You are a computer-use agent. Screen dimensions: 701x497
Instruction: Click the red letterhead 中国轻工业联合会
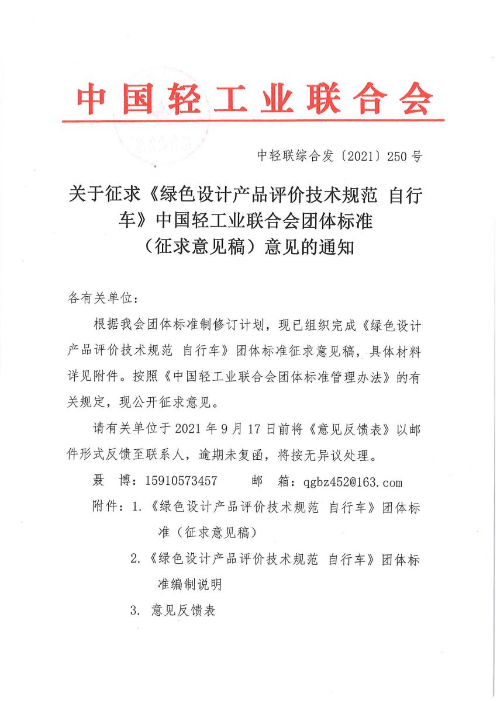pyautogui.click(x=253, y=98)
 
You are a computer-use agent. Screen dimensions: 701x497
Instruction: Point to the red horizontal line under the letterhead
pyautogui.click(x=253, y=121)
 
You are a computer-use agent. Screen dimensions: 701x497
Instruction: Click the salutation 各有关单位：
pyautogui.click(x=104, y=298)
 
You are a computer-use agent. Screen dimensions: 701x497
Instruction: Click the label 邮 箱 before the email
pyautogui.click(x=271, y=481)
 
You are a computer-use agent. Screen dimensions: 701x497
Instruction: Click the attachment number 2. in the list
pyautogui.click(x=136, y=558)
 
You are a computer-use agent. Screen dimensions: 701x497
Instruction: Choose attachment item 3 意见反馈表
pyautogui.click(x=183, y=611)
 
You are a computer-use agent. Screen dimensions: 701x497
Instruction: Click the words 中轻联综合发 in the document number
pyautogui.click(x=286, y=156)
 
